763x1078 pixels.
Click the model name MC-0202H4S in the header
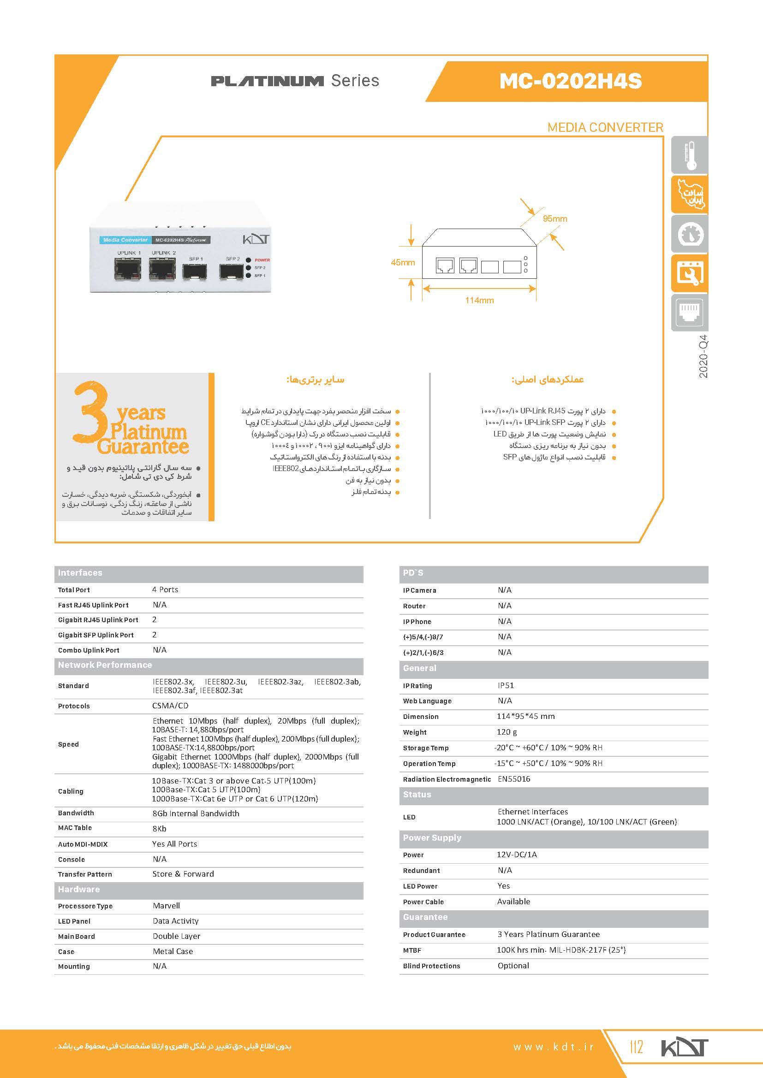[570, 81]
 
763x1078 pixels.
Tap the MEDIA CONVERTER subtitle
[605, 127]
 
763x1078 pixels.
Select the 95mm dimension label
[554, 219]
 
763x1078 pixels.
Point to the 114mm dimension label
[479, 300]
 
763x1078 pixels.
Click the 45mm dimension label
[403, 262]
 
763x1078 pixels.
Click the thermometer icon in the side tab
[689, 155]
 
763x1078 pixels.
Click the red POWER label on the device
[262, 260]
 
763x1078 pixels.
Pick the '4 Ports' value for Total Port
[165, 590]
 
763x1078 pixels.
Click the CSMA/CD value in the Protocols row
[170, 706]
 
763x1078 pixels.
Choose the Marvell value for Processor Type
[167, 906]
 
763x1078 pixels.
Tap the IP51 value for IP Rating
[506, 685]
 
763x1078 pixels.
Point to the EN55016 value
[514, 779]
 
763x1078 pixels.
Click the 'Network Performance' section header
[105, 665]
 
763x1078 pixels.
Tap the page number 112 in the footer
[636, 1047]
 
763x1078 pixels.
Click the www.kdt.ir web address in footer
[554, 1047]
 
